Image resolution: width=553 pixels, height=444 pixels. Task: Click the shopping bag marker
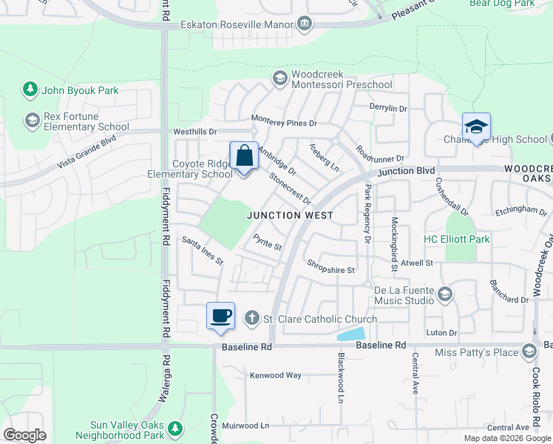coord(244,157)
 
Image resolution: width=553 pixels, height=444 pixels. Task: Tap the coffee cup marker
coord(221,317)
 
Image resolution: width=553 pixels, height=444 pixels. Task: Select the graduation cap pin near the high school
coord(476,127)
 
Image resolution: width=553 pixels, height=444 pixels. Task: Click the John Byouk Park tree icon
coord(30,90)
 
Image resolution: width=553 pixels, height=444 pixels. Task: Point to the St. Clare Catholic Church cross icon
coord(251,318)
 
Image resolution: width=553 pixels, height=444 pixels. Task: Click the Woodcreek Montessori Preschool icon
coord(280,78)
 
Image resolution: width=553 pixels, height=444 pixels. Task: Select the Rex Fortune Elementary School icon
coord(32,120)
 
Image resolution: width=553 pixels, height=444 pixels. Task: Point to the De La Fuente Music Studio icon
coord(444,295)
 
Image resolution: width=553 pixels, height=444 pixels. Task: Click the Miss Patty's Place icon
coord(529,351)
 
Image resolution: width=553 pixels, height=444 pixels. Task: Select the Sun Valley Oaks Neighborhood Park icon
coord(174,428)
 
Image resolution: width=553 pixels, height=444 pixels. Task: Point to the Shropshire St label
coord(331,266)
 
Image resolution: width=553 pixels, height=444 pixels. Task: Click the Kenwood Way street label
coord(276,375)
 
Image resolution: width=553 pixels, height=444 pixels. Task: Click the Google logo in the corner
coord(24,435)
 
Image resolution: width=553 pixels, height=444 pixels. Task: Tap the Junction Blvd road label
coord(406,172)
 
